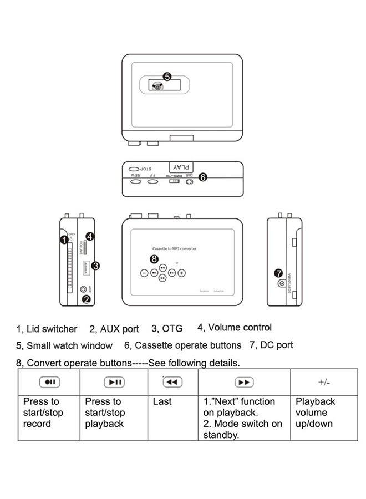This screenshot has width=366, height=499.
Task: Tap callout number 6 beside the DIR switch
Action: coord(202,177)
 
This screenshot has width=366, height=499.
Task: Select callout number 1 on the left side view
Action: coord(64,240)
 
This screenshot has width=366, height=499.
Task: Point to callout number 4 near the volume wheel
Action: coord(90,236)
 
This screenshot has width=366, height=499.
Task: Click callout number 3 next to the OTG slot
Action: coord(95,266)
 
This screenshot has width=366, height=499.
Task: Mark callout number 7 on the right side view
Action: coord(279,273)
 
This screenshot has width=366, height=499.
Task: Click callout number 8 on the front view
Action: coord(154,259)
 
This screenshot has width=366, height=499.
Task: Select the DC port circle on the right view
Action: coord(282,284)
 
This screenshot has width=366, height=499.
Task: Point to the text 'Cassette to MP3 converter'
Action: coord(174,249)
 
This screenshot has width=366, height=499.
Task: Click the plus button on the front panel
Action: coord(182,273)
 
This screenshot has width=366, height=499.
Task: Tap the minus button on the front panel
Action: coord(143,273)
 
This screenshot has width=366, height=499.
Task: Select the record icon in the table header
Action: coord(48,383)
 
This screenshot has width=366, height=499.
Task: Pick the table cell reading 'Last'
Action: coord(162,401)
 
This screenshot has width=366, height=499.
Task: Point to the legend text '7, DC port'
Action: coord(271,345)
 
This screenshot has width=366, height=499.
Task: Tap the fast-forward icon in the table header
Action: coord(244,383)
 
